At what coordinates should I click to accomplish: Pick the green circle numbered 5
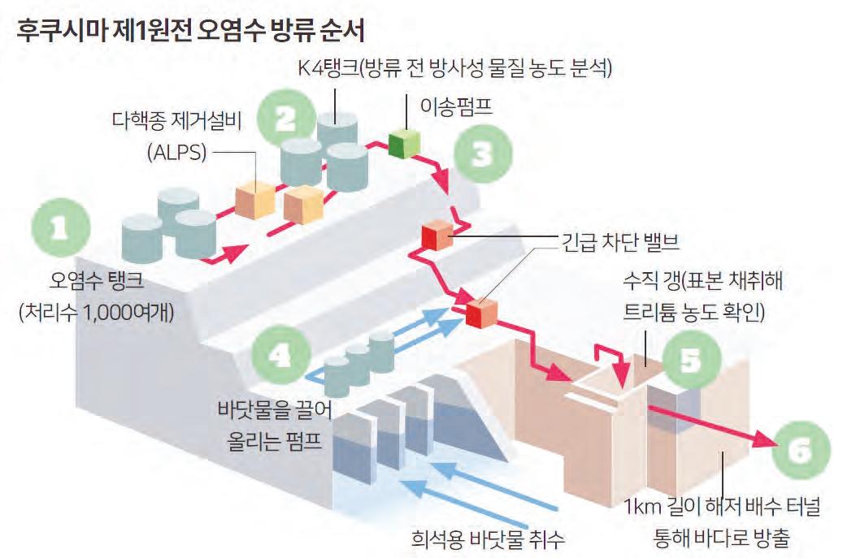coord(690,361)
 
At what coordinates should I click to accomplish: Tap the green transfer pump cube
coord(402,143)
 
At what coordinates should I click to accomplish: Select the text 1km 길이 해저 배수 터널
coord(722,509)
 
